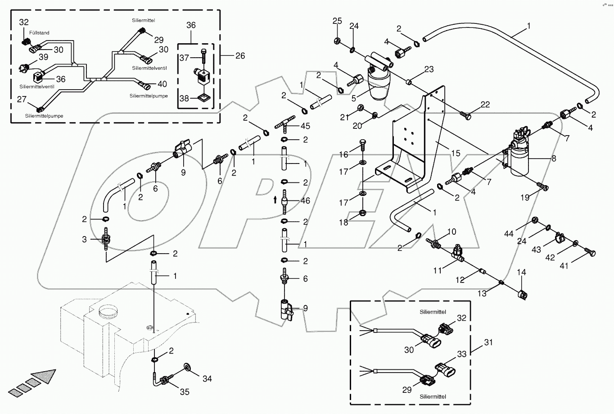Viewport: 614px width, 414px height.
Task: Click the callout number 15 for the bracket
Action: point(456,154)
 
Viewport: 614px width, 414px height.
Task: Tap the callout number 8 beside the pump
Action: point(553,158)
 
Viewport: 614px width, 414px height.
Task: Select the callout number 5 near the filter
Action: point(353,98)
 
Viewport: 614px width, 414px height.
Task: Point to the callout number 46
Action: point(305,200)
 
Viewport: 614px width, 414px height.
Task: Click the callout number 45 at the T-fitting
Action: point(305,126)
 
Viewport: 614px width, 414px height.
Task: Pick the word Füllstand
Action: point(39,33)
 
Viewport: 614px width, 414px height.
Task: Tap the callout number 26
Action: point(240,55)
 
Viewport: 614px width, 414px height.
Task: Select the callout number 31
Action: point(488,342)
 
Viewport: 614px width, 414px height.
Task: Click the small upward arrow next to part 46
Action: point(275,200)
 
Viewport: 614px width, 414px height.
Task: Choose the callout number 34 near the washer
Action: point(207,378)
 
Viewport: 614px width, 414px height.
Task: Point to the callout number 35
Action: point(185,392)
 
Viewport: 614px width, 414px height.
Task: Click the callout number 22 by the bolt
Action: point(485,105)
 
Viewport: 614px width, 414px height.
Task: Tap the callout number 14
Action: point(521,272)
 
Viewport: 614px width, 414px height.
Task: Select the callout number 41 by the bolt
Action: point(564,266)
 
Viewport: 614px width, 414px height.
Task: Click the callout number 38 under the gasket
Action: point(184,98)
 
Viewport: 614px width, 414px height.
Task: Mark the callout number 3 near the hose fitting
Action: point(84,239)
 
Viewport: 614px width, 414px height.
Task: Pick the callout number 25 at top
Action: point(337,21)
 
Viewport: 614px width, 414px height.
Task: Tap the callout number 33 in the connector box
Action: point(462,354)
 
